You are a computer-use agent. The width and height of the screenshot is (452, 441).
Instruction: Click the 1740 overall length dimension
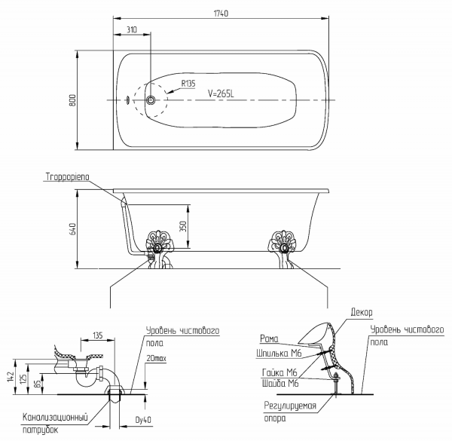tap(221, 14)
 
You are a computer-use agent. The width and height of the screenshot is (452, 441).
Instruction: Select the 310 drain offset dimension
tap(132, 29)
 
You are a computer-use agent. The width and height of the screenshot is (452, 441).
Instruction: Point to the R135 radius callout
tap(188, 84)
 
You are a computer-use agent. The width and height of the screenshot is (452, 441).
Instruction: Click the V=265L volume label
tap(221, 93)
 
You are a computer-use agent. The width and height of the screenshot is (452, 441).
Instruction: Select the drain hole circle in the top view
tap(151, 100)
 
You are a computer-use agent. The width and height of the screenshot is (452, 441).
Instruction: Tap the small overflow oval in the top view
tap(128, 100)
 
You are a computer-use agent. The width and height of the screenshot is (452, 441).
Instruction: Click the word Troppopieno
tap(68, 176)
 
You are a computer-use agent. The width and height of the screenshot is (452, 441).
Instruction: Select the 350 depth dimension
tap(183, 226)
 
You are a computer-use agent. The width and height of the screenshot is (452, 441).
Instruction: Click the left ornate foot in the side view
tap(157, 250)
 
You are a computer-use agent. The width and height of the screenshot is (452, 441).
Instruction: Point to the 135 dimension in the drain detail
tap(98, 335)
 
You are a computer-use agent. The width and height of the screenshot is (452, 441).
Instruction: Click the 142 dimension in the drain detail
tap(11, 377)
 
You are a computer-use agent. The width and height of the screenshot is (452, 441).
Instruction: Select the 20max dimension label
tap(156, 358)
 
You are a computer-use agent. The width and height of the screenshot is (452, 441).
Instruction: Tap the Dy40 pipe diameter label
tap(143, 420)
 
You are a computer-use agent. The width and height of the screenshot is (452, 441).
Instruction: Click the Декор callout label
tap(362, 312)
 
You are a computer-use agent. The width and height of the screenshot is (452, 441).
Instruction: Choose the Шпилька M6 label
tap(279, 353)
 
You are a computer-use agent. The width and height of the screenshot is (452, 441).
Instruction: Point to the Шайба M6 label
tap(280, 383)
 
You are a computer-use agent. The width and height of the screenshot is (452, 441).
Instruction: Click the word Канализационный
tap(55, 417)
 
